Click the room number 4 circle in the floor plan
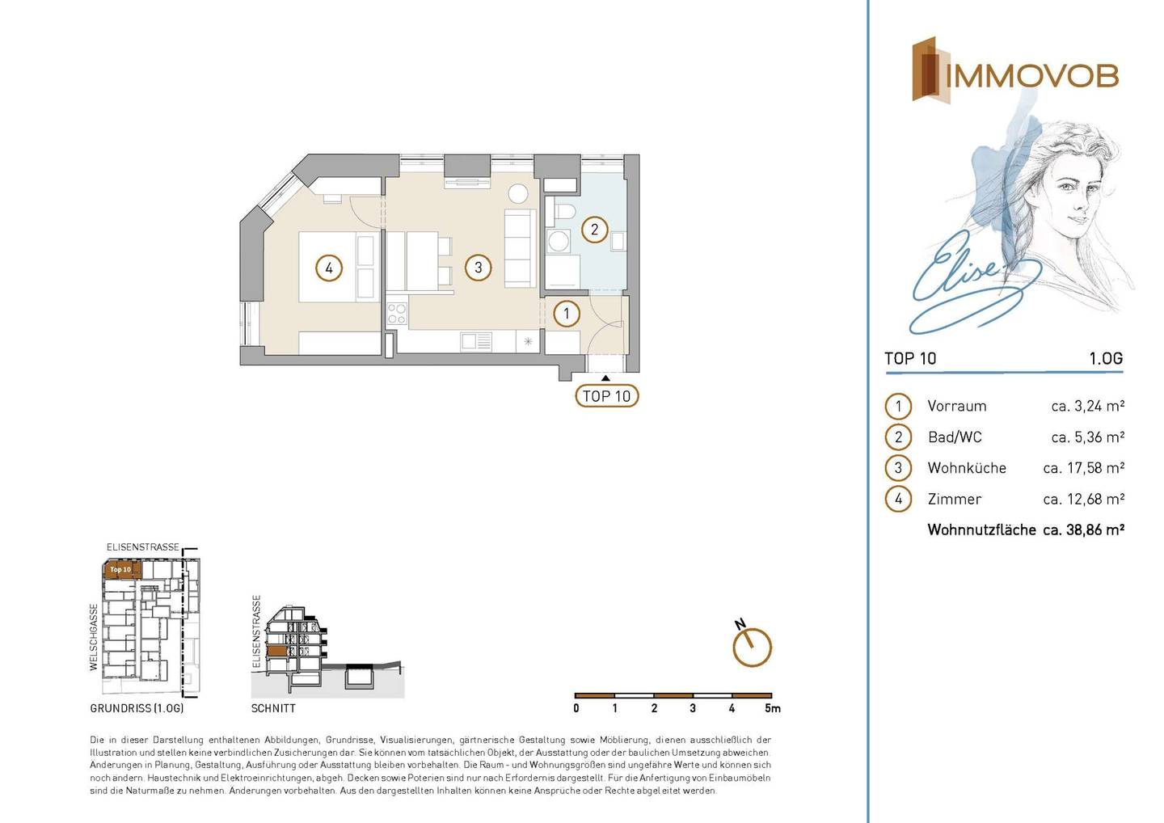329,268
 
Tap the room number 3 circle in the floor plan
478,268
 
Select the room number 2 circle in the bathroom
594,229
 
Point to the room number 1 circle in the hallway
567,314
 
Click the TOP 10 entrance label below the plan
606,396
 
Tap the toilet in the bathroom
564,213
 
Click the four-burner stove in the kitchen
397,314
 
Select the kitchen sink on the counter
475,342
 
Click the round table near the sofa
518,193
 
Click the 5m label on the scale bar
773,709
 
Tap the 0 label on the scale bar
576,709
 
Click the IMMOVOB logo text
1032,77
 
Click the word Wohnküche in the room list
967,468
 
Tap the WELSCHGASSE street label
94,637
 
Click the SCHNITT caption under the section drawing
273,709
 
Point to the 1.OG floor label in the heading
1106,358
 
